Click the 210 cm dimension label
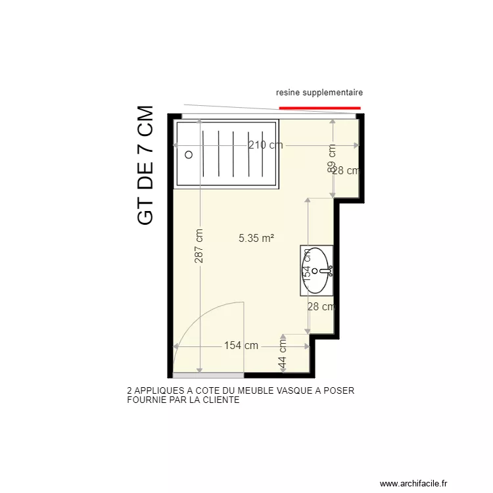266,145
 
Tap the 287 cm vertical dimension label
199,246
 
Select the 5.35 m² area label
256,239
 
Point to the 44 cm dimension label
283,354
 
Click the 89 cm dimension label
332,158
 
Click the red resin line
319,107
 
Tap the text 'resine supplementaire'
319,93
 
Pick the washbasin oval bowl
319,270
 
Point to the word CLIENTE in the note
220,399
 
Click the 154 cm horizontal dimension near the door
241,346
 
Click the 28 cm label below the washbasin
321,306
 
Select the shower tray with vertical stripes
226,153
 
